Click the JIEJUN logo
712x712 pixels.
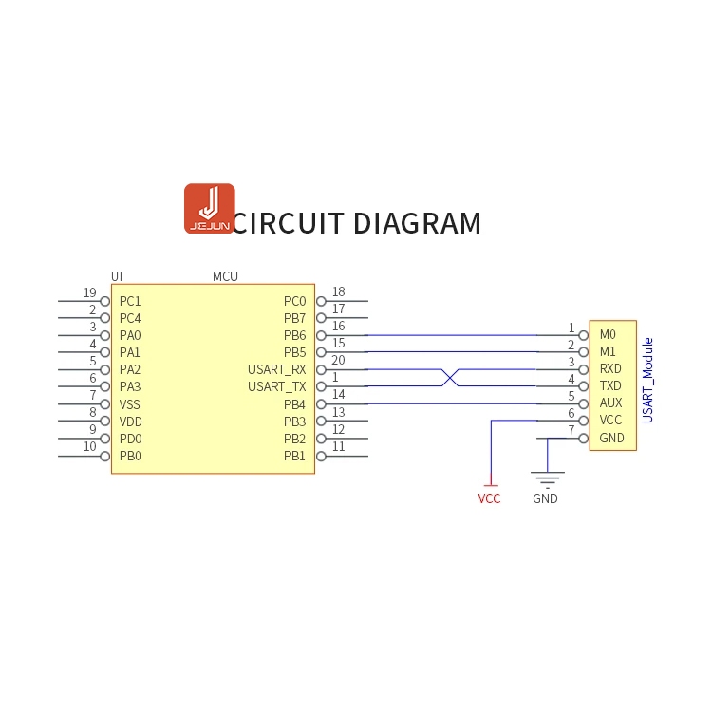pos(209,208)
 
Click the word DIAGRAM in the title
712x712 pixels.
pos(417,224)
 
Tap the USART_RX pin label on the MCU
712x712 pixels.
pos(277,369)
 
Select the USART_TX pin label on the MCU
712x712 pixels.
pos(277,386)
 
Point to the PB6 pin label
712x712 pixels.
pos(294,335)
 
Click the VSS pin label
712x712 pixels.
pos(130,404)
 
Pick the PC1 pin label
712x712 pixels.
pos(130,301)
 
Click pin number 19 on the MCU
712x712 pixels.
pos(90,292)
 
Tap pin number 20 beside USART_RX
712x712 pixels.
pos(338,361)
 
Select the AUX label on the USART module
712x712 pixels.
pos(611,403)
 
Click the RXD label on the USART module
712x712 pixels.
pos(611,368)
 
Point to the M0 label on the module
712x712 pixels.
pos(608,334)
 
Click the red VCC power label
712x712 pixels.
pos(489,498)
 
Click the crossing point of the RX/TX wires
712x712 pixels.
pos(451,378)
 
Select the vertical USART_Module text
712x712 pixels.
pos(647,380)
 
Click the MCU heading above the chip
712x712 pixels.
pos(225,276)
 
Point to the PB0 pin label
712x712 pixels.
pos(130,456)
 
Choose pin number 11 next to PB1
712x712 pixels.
pos(338,447)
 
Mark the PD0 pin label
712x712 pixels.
pos(130,439)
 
